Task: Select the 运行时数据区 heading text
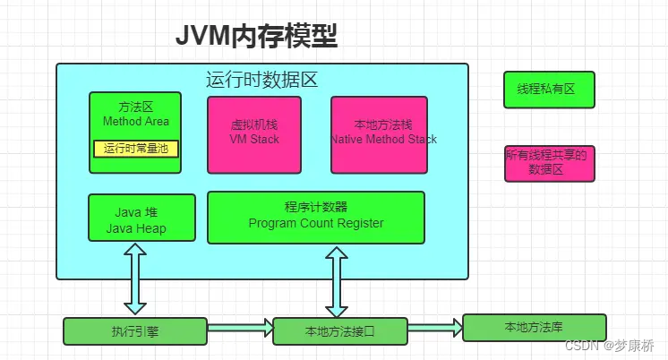click(262, 80)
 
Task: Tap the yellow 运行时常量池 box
click(136, 149)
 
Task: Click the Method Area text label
click(136, 121)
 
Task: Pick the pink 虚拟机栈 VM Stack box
click(254, 134)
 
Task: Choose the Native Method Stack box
click(383, 134)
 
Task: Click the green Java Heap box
click(141, 218)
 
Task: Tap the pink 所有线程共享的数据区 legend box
click(548, 163)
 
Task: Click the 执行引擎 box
click(135, 331)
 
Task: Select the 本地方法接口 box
click(340, 331)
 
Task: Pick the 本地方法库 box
click(534, 327)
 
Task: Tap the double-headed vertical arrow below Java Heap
click(135, 279)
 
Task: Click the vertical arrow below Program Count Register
click(338, 280)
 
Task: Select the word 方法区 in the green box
click(136, 107)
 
